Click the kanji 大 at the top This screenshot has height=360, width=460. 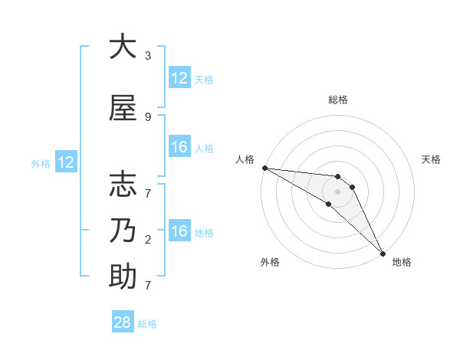123,47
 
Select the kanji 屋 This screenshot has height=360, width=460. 123,109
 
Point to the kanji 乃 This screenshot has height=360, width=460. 123,231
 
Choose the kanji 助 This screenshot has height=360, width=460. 123,277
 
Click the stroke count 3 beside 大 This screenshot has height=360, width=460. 148,56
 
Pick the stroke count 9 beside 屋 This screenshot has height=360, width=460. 148,116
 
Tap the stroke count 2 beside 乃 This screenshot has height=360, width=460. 148,240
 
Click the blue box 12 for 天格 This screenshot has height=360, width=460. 179,78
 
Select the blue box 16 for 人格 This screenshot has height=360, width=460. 179,147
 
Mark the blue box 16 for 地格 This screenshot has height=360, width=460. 179,232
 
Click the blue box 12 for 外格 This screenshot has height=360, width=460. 65,162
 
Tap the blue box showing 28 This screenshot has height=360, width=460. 123,322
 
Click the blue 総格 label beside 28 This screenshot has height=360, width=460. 147,324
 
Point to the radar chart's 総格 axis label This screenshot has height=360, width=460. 338,100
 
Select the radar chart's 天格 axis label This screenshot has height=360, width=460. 432,159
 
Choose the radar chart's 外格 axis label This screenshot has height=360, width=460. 270,262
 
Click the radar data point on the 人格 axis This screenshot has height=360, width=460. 264,168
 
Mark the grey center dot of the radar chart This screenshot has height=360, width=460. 338,191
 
